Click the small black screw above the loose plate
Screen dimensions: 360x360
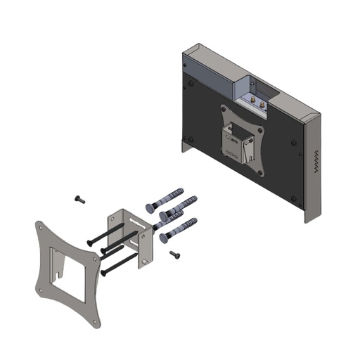79,200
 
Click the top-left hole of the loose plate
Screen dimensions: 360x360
41,228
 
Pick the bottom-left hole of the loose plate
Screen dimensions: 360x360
43,288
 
